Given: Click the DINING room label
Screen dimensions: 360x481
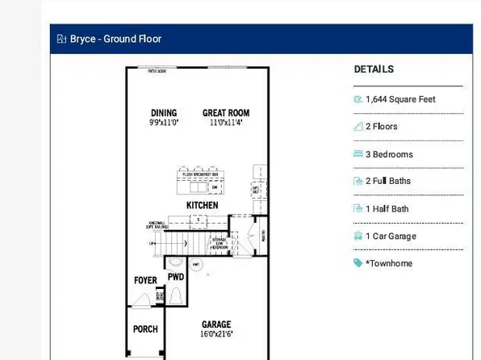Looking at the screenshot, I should pos(163,112).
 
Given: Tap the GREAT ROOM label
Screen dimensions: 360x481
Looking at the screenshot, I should pos(224,112).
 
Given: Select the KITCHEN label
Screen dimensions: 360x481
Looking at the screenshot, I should pos(203,206).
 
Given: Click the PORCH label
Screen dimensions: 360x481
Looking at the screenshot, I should pos(145,329).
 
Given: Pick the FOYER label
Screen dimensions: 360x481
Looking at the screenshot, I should pos(145,280).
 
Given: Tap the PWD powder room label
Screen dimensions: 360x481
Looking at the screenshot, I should pos(176,277).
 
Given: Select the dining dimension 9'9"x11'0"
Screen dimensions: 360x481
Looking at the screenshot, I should pos(163,122).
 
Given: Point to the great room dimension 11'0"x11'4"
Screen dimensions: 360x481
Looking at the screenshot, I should pos(224,122).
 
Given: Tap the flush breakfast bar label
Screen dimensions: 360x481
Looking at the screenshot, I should pos(201,174).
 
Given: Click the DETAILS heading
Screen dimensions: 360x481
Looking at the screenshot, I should pos(374,69).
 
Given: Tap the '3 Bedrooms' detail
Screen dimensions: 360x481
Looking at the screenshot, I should pos(389,154).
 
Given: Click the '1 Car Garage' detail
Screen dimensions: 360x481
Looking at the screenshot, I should pos(391,237).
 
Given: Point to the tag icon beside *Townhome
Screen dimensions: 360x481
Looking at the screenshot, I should pos(358,263).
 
